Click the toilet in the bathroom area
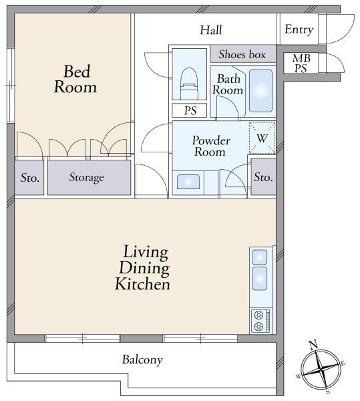click(189, 84)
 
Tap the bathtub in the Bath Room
click(260, 91)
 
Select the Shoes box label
click(242, 55)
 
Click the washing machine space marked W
click(262, 138)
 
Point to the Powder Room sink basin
click(188, 182)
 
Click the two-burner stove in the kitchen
click(260, 321)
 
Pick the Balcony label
click(142, 360)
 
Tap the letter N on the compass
click(313, 345)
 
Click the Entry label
click(299, 29)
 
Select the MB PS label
click(301, 63)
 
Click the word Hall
click(211, 30)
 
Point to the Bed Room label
click(75, 79)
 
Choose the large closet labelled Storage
click(89, 178)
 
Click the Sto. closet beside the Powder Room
click(263, 176)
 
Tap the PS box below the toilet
click(189, 110)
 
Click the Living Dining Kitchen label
click(143, 268)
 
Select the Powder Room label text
click(211, 146)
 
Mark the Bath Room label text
click(228, 84)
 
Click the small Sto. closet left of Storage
click(29, 178)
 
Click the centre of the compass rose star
click(321, 370)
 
